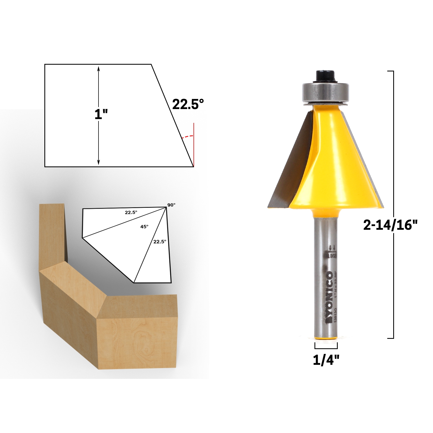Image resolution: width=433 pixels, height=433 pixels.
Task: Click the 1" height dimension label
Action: point(101,114)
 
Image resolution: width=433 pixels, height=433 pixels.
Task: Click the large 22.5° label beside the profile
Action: point(188,104)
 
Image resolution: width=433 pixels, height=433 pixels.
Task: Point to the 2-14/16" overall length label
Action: point(390,225)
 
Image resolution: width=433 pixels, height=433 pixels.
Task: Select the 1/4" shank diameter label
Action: point(326,360)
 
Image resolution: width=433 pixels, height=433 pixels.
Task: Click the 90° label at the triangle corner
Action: point(171,205)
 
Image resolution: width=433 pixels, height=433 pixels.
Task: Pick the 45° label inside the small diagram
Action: point(144,227)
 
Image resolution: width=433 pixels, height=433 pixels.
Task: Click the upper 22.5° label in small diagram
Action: point(131,212)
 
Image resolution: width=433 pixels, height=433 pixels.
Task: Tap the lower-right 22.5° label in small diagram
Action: point(160,242)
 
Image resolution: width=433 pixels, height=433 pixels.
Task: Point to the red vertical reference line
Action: point(194,145)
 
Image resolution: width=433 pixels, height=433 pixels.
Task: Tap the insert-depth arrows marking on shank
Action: point(332,247)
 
